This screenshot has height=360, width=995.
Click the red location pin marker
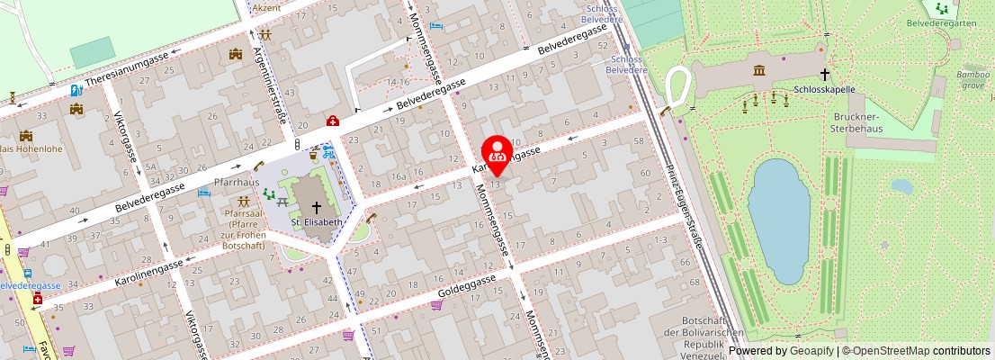pyautogui.click(x=497, y=154)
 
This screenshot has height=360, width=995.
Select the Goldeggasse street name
pyautogui.click(x=467, y=287)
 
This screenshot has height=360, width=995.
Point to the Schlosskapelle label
pyautogui.click(x=824, y=89)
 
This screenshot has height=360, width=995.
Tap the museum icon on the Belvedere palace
pyautogui.click(x=759, y=69)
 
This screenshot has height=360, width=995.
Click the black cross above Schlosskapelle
pyautogui.click(x=824, y=76)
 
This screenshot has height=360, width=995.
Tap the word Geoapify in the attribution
pyautogui.click(x=811, y=351)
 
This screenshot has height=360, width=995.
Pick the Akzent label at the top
pyautogui.click(x=266, y=7)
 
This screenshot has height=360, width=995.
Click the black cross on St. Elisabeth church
pyautogui.click(x=316, y=206)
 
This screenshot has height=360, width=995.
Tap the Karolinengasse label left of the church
pyautogui.click(x=149, y=271)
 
